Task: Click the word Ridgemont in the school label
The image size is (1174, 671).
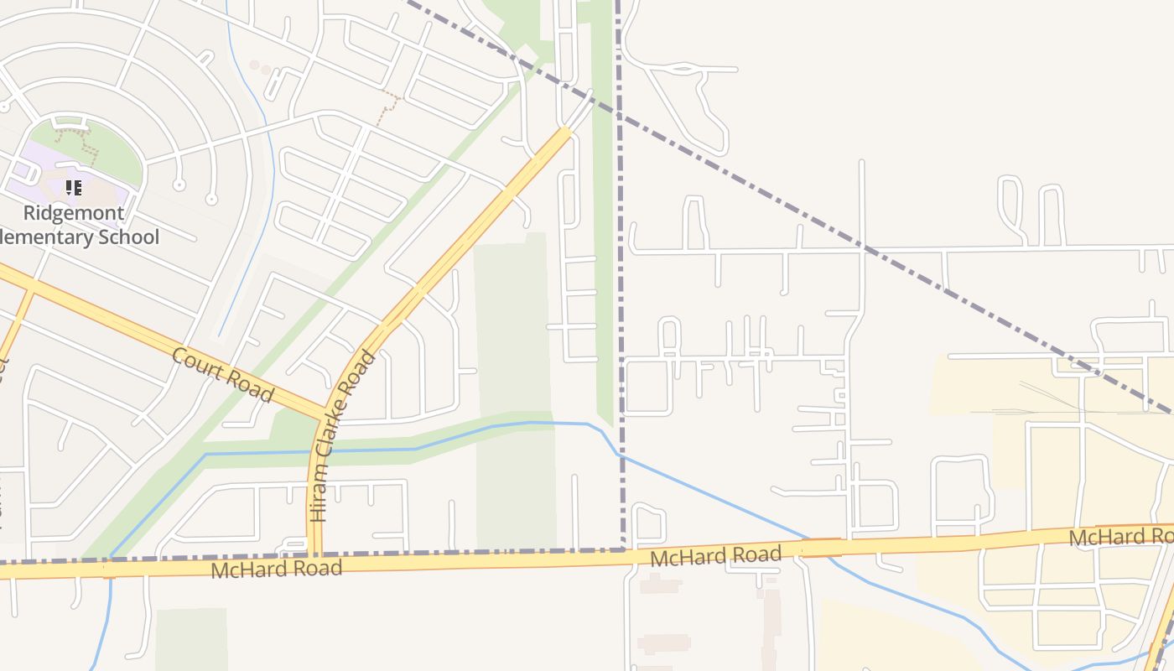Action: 74,213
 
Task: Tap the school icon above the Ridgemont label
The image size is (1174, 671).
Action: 74,188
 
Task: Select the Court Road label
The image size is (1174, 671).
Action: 222,373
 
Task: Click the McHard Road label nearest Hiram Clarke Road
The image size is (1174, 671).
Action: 277,569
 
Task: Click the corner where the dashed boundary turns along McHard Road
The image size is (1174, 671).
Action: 624,550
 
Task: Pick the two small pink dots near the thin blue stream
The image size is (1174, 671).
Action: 260,66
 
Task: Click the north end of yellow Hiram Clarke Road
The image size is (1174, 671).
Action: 565,132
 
